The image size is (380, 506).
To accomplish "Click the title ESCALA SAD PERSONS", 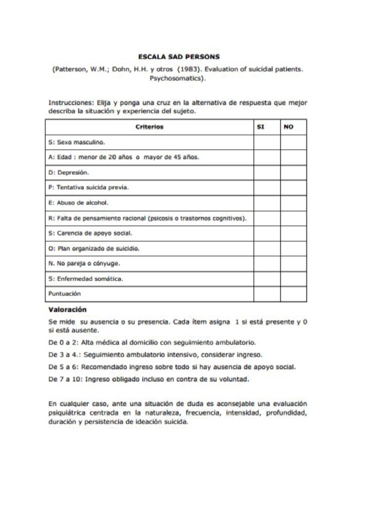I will [179, 57].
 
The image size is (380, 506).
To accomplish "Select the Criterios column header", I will [149, 127].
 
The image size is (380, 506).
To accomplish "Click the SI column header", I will [261, 127].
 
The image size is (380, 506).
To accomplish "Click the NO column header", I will [288, 127].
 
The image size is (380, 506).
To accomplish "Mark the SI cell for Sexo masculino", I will [267, 142].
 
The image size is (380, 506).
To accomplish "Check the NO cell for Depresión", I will [293, 172].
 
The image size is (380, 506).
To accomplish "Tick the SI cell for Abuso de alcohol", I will [267, 203].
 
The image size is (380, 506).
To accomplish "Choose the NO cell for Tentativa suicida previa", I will [293, 188].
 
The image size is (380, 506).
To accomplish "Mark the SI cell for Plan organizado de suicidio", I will [267, 249].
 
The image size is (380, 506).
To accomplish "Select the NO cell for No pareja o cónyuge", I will [293, 263].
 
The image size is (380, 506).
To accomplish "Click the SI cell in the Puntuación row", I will [267, 294].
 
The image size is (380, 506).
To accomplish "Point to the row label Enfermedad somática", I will [90, 279].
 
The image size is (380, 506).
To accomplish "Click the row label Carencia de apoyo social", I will [94, 233].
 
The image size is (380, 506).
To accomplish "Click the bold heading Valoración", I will [67, 310].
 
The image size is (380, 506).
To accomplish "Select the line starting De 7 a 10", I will [148, 379].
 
